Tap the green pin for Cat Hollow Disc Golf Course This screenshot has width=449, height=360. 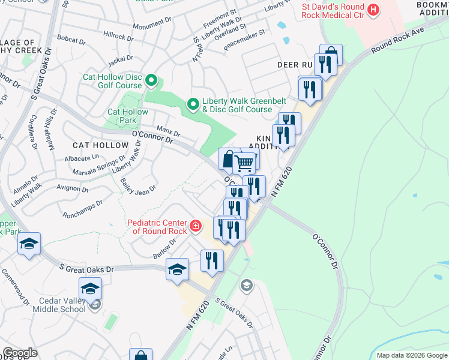[x=151, y=80]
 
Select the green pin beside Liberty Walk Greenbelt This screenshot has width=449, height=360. [x=193, y=105]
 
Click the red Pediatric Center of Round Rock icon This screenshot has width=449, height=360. [x=196, y=226]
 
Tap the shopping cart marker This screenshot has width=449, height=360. [x=244, y=162]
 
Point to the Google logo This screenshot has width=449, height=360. [x=20, y=353]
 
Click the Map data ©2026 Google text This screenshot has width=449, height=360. [x=411, y=355]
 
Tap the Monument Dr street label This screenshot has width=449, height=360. [x=152, y=25]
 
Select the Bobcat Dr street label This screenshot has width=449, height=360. [x=71, y=38]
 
